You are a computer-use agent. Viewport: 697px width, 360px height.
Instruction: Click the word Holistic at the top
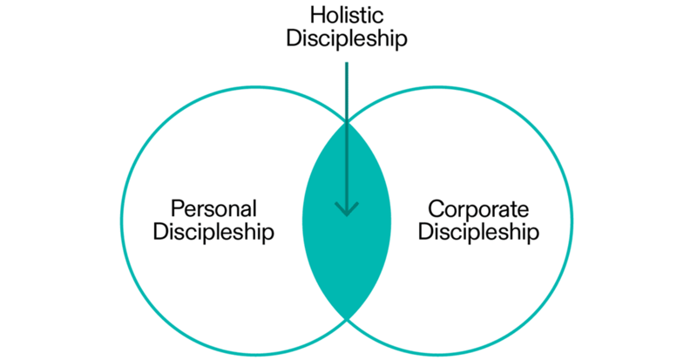click(x=347, y=16)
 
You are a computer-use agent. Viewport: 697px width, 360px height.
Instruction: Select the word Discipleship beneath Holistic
click(x=347, y=39)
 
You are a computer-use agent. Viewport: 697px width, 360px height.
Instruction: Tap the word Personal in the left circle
click(x=213, y=209)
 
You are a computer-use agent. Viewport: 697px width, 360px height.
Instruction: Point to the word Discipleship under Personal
click(x=213, y=233)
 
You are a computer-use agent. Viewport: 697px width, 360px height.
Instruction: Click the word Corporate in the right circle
click(x=477, y=209)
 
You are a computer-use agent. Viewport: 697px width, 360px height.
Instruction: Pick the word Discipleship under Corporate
click(x=477, y=233)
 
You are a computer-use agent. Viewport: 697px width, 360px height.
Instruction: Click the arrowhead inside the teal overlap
click(x=347, y=209)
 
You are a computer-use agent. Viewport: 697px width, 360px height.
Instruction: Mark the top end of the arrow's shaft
click(x=347, y=63)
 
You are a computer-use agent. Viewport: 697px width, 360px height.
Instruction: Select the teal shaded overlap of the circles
click(x=347, y=253)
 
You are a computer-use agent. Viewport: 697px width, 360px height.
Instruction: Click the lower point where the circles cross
click(x=347, y=317)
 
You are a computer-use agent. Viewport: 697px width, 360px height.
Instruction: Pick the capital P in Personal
click(x=177, y=209)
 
